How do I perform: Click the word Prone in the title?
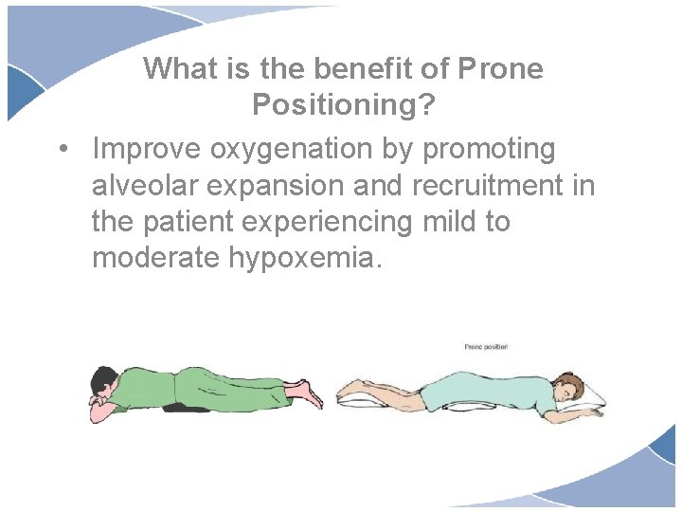point(500,68)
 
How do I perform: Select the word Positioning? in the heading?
point(344,105)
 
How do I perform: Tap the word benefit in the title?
point(362,68)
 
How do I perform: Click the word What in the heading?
point(180,68)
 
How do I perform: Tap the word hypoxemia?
point(316,258)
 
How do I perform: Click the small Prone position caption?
point(486,347)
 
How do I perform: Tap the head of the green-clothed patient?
point(103,382)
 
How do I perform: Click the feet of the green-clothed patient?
point(305,390)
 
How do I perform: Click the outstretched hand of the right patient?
point(595,411)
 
